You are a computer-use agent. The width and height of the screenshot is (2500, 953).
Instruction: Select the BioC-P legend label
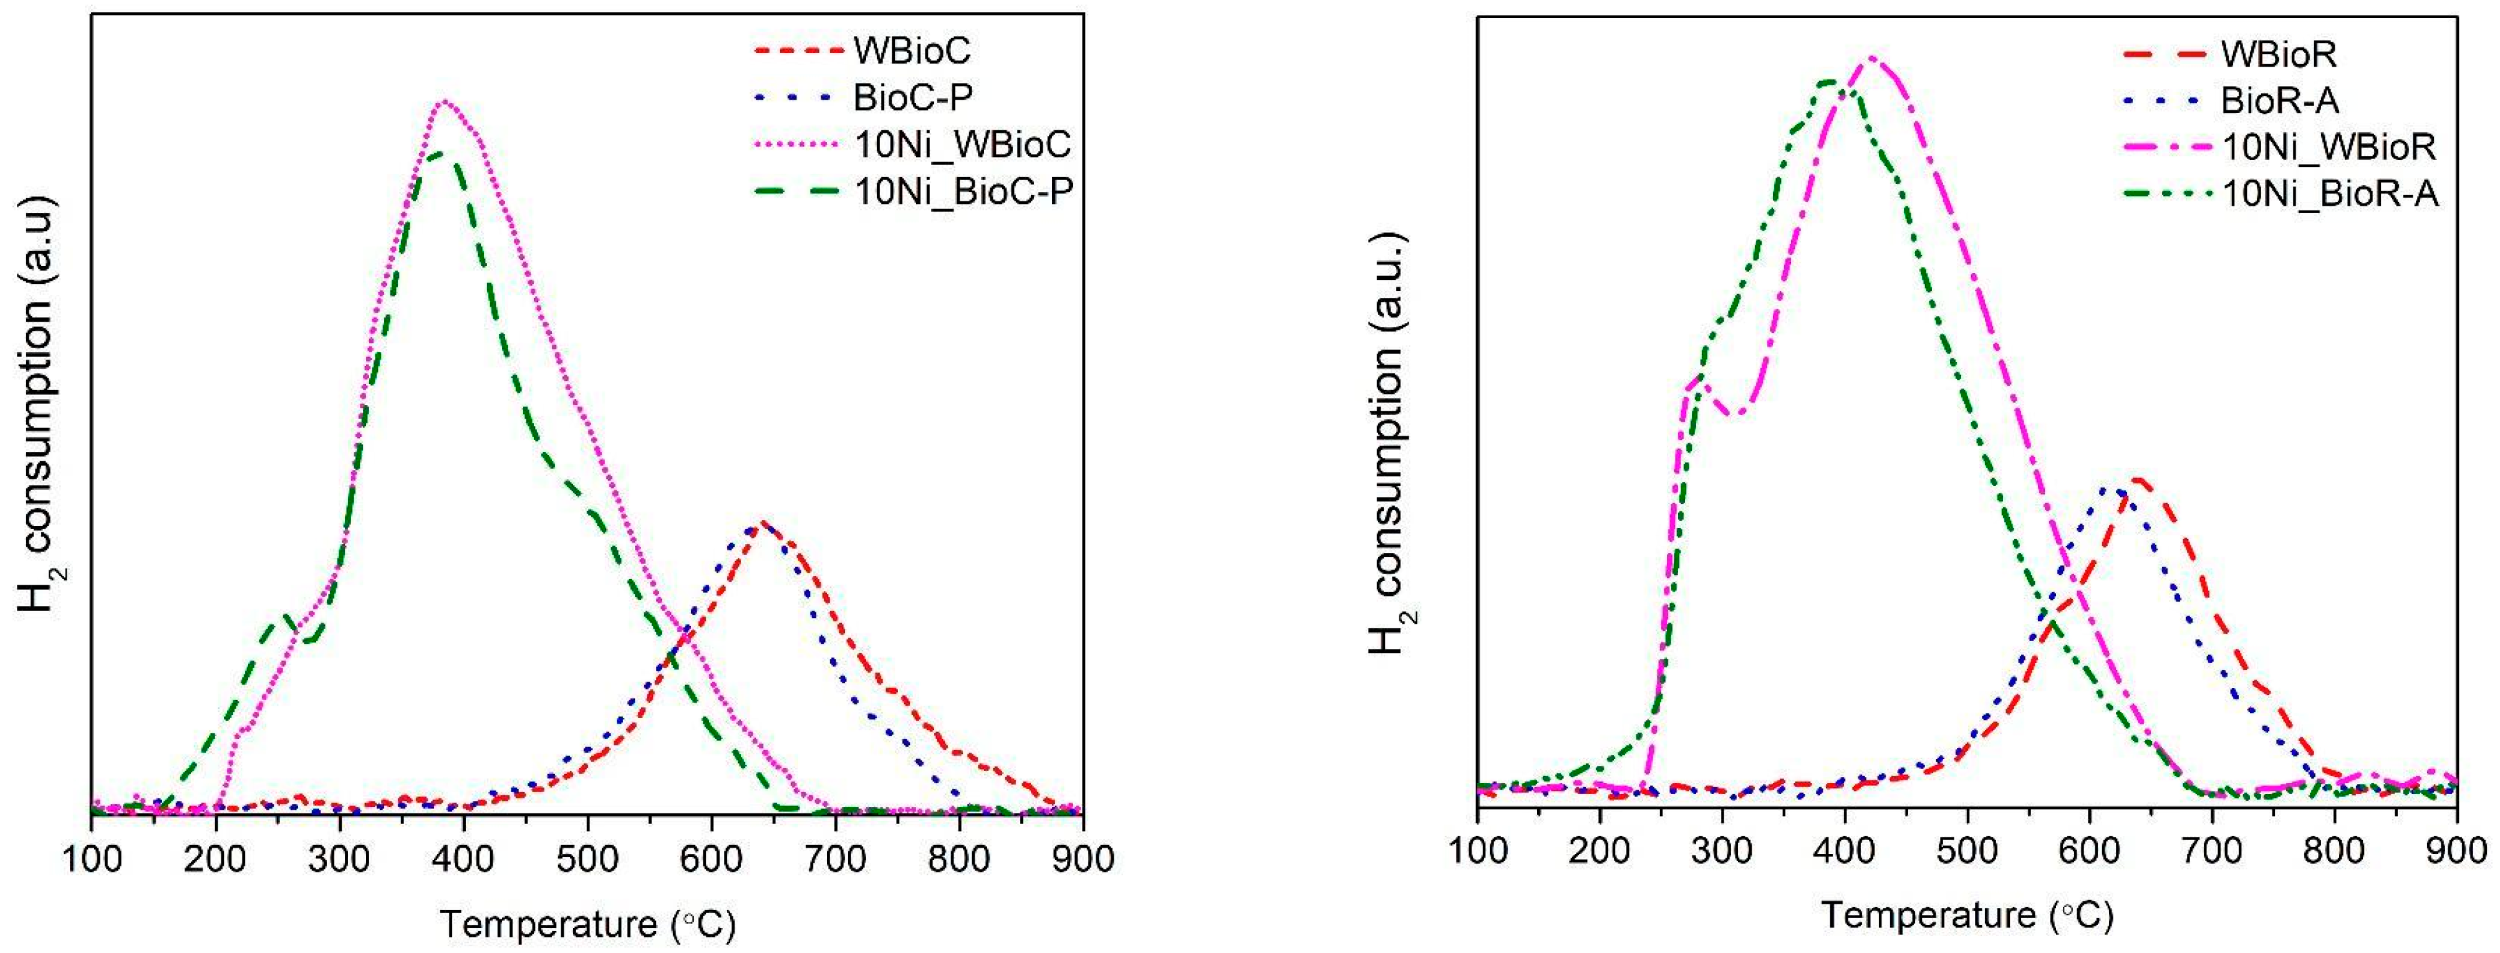[x=913, y=97]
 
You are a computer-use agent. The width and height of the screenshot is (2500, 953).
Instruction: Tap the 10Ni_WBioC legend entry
[x=962, y=145]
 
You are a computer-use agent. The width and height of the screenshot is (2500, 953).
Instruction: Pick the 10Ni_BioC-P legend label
[x=963, y=192]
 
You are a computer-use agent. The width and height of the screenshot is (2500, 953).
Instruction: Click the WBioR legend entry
[x=2279, y=54]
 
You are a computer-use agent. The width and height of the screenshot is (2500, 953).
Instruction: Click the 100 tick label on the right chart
[x=1478, y=851]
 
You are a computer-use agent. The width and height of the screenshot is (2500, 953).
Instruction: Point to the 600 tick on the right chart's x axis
[x=2090, y=851]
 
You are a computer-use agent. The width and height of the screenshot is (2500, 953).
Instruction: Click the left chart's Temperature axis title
[x=587, y=923]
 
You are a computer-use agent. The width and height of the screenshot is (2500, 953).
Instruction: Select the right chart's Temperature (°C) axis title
[x=1967, y=915]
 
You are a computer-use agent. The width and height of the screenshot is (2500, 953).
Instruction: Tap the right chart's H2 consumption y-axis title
[x=1388, y=441]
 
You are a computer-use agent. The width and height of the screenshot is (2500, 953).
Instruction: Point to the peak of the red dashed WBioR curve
[x=2135, y=479]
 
